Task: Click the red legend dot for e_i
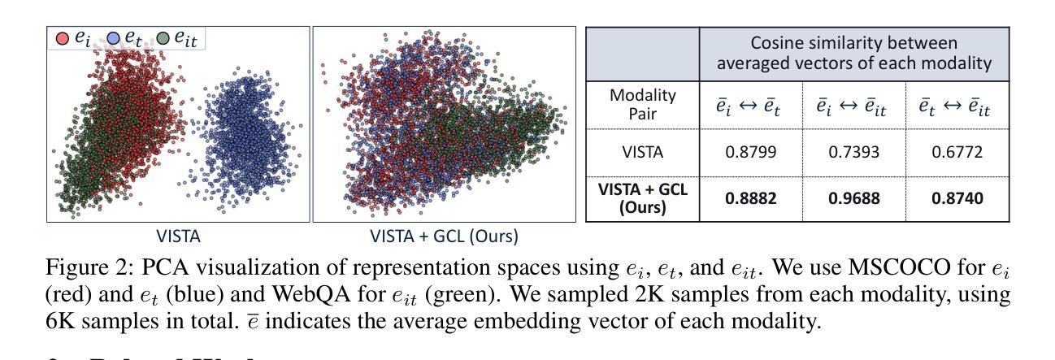(62, 37)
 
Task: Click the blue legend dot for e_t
(114, 37)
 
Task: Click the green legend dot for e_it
(163, 37)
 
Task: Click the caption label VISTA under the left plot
(178, 236)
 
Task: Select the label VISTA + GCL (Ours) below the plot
(444, 236)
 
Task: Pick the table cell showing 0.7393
(852, 153)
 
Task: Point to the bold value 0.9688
(852, 198)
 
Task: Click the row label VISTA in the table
(643, 153)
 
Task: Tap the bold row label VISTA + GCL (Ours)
(643, 198)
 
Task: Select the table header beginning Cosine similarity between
(853, 54)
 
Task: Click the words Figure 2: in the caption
(81, 268)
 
